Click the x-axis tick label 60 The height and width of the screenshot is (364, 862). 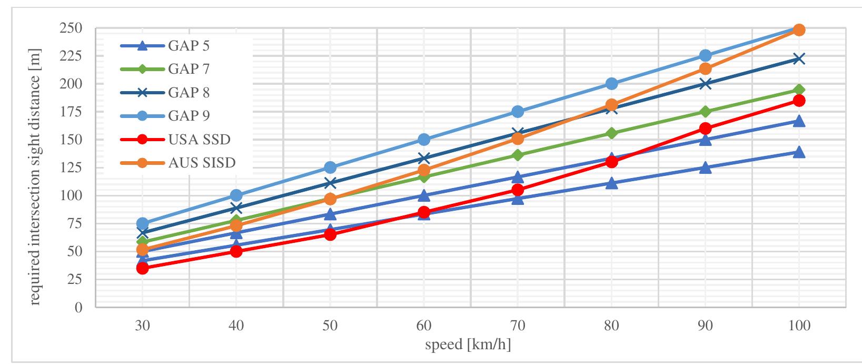click(x=423, y=327)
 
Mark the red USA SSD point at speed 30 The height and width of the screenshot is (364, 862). click(x=142, y=268)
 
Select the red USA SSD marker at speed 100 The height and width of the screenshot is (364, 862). click(x=799, y=100)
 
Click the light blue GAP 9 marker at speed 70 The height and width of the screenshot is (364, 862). click(x=518, y=112)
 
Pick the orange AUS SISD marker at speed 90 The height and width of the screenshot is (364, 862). click(x=705, y=68)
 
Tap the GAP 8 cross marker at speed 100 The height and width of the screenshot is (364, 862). click(x=799, y=58)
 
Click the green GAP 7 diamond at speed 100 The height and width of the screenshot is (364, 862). click(x=799, y=90)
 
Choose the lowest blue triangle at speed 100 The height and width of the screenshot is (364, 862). click(x=799, y=152)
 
